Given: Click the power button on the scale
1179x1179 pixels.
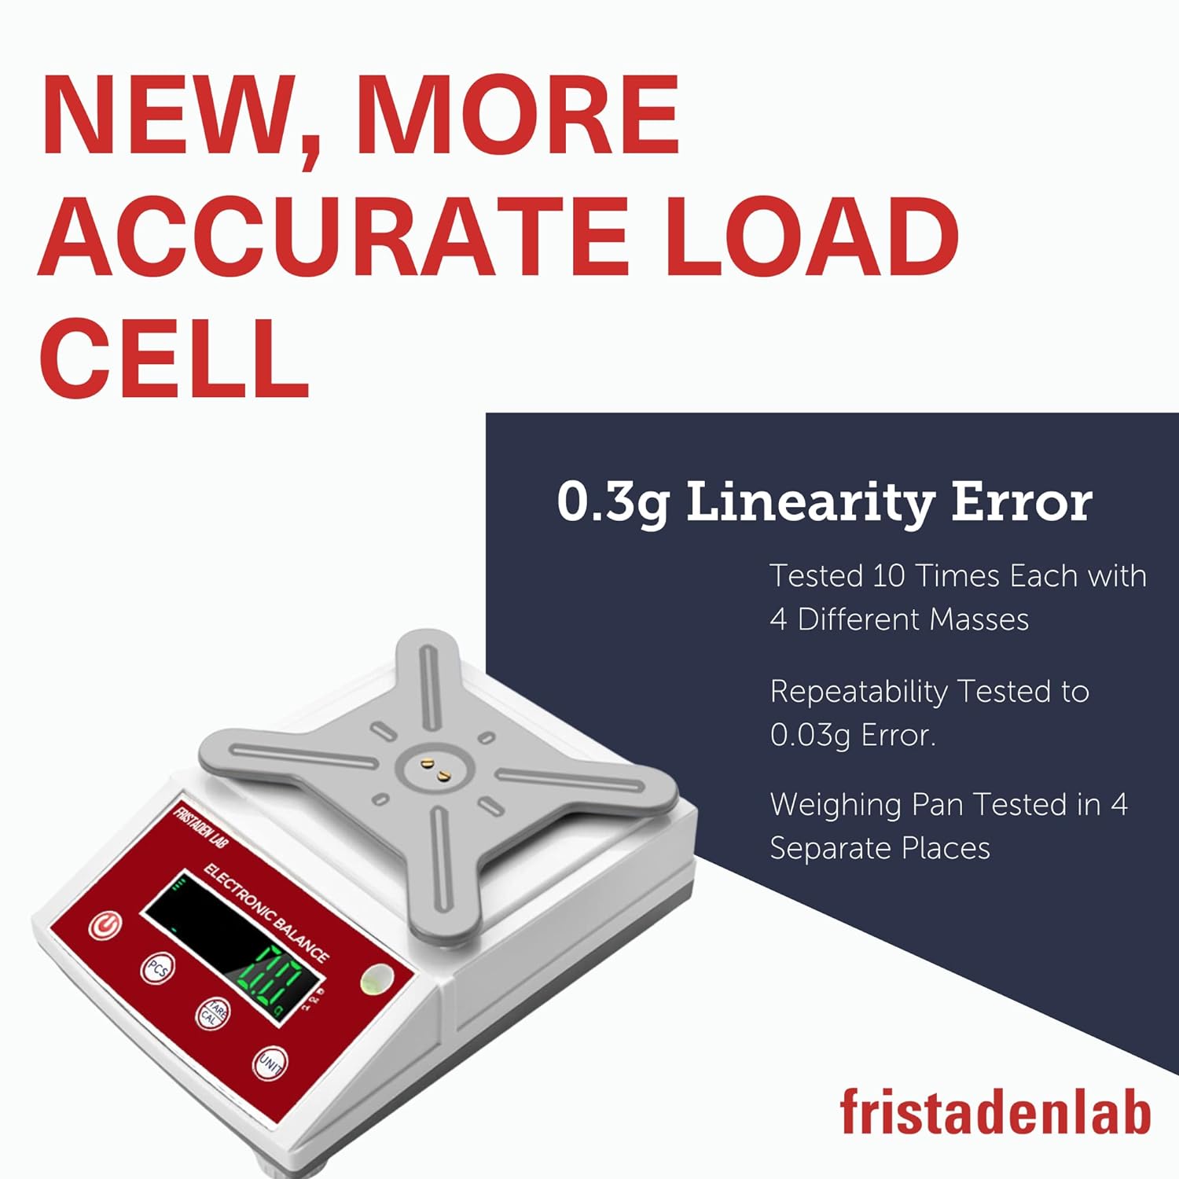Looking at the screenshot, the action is coord(105,925).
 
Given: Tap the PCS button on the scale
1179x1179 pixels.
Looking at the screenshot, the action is coord(157,970).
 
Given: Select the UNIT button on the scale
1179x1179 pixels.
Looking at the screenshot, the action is coord(269,1063).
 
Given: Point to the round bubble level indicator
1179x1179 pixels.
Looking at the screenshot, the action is coord(376,979).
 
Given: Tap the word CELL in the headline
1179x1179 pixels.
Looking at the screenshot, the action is coord(174,358).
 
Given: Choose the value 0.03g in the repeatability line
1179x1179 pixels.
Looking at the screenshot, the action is coord(810,736).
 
